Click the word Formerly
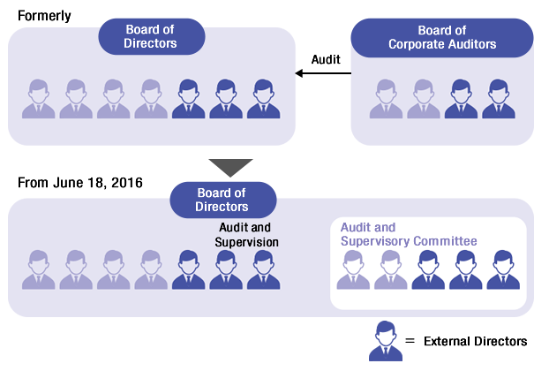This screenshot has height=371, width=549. pos(44,16)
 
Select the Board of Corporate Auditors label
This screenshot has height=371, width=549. pos(442,38)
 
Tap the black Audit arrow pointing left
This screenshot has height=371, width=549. pos(323,73)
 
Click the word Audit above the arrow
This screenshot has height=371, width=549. pos(326,59)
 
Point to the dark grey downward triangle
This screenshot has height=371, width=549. pos(230,168)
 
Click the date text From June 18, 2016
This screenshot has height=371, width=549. pos(80,183)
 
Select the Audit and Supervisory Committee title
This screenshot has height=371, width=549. pos(409,234)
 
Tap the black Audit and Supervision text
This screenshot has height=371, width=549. pos(246,235)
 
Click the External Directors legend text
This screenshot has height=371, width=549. pos(475,341)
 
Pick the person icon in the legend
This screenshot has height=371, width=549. pos(386,341)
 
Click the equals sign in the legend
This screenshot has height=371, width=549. pos(410,341)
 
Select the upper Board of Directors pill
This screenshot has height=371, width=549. pos(152,36)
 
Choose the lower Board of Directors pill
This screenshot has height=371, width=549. pos(223,200)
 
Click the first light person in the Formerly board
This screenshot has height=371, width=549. pos(39,99)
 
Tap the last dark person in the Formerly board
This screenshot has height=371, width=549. pos(263,99)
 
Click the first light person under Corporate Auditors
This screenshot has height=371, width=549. pos(386,99)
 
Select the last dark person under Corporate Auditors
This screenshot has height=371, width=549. pos(499,99)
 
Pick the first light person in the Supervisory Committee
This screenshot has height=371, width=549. pos(353,269)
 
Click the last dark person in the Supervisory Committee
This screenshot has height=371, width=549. pos(503,269)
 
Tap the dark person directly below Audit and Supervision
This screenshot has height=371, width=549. pos(226,269)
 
